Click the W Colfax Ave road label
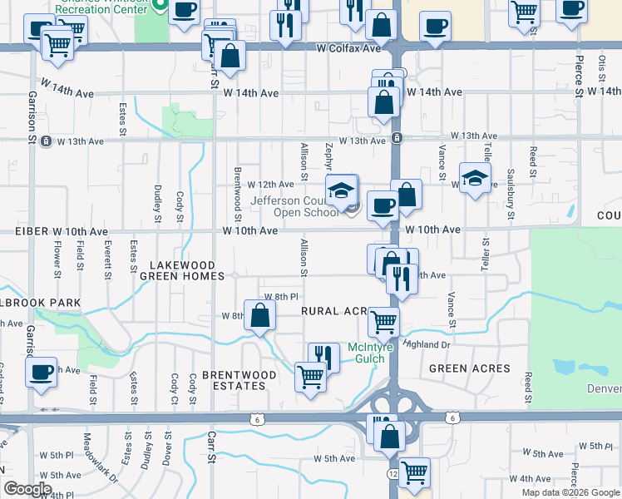click(x=348, y=49)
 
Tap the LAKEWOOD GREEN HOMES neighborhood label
click(x=181, y=271)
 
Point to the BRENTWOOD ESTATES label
click(x=233, y=380)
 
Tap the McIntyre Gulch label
click(x=366, y=353)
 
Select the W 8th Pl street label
click(x=281, y=297)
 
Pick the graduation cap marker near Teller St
click(x=475, y=177)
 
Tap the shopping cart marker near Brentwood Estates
click(x=310, y=376)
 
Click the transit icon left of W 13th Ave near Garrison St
click(x=46, y=141)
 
